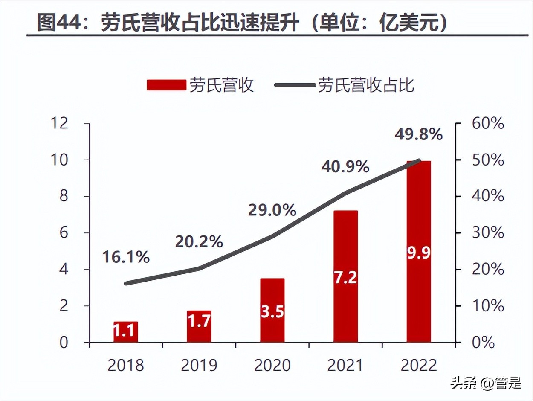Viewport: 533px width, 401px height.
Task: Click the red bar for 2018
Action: pyautogui.click(x=126, y=332)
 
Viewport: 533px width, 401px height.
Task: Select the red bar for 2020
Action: pyautogui.click(x=272, y=310)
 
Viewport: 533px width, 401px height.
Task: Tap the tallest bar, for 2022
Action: pyautogui.click(x=419, y=252)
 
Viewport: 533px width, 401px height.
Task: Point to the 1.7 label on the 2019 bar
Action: pyautogui.click(x=199, y=321)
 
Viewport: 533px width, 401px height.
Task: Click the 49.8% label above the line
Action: pyautogui.click(x=418, y=135)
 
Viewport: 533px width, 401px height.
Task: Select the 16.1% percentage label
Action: pyautogui.click(x=126, y=257)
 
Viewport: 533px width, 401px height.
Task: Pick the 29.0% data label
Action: pyautogui.click(x=272, y=210)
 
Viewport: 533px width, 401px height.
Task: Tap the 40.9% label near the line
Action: pyautogui.click(x=345, y=167)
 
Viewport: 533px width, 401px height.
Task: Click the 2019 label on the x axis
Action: pyautogui.click(x=199, y=366)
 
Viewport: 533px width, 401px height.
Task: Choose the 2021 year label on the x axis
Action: pyautogui.click(x=345, y=366)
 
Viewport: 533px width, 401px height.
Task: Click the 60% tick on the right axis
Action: pyautogui.click(x=488, y=124)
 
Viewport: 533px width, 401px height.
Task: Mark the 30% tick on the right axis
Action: pyautogui.click(x=488, y=233)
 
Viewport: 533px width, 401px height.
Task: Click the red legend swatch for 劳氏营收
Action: pyautogui.click(x=166, y=85)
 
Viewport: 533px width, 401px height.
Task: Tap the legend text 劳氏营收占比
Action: pyautogui.click(x=366, y=85)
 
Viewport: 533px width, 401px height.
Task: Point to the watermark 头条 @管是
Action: pyautogui.click(x=486, y=383)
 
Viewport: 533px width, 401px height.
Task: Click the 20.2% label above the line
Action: pyautogui.click(x=199, y=242)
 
